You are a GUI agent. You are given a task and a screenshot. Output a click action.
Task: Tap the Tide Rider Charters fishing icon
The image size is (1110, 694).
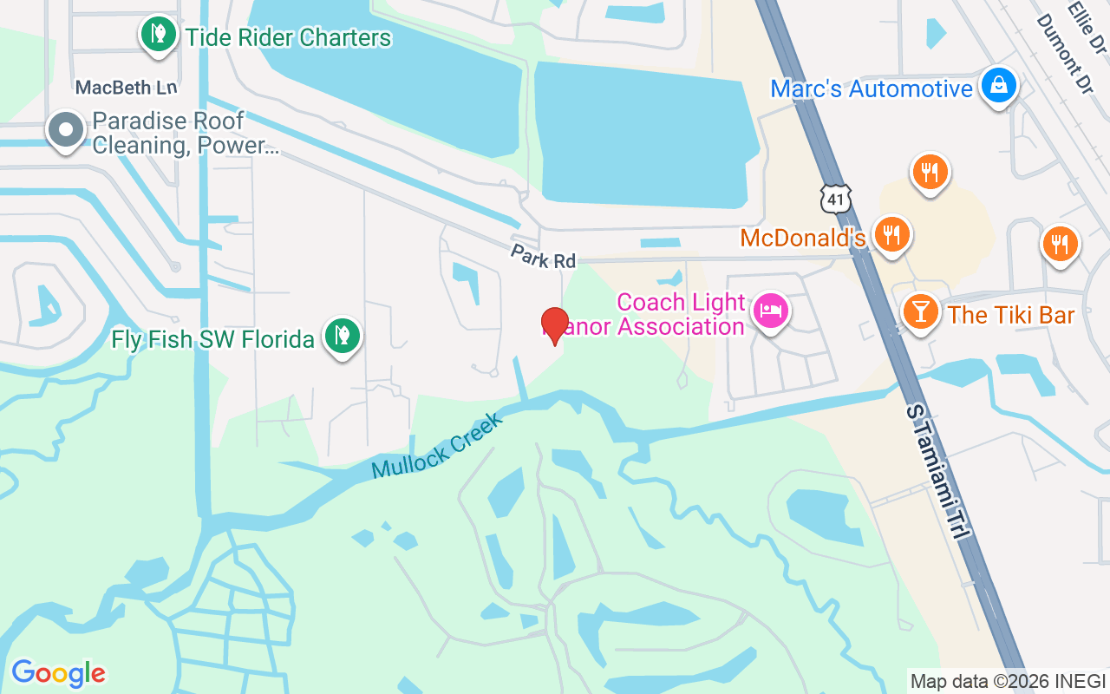[x=158, y=36]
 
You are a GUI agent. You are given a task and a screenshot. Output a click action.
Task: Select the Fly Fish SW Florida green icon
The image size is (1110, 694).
[x=343, y=336]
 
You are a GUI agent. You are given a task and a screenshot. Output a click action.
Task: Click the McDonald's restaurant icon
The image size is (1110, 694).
[x=891, y=234]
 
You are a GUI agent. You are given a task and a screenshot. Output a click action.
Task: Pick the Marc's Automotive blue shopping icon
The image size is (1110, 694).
[x=999, y=86]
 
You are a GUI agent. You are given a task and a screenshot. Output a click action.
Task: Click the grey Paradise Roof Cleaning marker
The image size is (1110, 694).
[x=65, y=131]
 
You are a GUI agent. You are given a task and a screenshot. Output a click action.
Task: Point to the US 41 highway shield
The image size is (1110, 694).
[x=835, y=199]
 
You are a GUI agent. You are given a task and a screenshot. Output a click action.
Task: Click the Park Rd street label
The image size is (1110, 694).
[x=543, y=257]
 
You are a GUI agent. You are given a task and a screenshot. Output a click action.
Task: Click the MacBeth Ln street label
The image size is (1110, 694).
[x=126, y=88]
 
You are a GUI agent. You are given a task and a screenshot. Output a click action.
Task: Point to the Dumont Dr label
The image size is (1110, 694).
[x=1059, y=43]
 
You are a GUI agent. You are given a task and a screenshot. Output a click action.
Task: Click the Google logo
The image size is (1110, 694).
[x=58, y=673]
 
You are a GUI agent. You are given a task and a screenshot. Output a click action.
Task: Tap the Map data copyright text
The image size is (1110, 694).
[x=1008, y=682]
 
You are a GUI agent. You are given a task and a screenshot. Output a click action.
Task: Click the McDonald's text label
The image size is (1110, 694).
[x=803, y=238]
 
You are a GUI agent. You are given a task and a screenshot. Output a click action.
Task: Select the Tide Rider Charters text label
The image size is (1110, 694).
[x=288, y=38]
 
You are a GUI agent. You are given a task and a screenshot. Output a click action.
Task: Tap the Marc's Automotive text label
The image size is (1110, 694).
[x=872, y=88]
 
